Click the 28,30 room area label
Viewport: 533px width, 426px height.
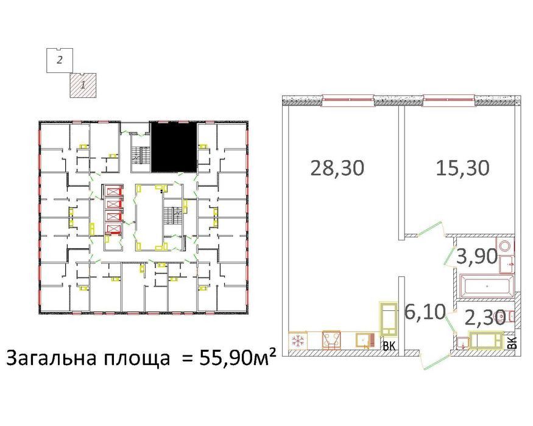coord(337,167)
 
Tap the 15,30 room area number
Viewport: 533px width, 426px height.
coord(462,167)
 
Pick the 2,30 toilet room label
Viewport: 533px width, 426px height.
coord(484,317)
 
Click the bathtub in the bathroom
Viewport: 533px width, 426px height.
coord(487,285)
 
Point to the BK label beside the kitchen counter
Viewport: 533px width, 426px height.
coord(388,347)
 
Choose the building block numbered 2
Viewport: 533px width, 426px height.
coord(60,60)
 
